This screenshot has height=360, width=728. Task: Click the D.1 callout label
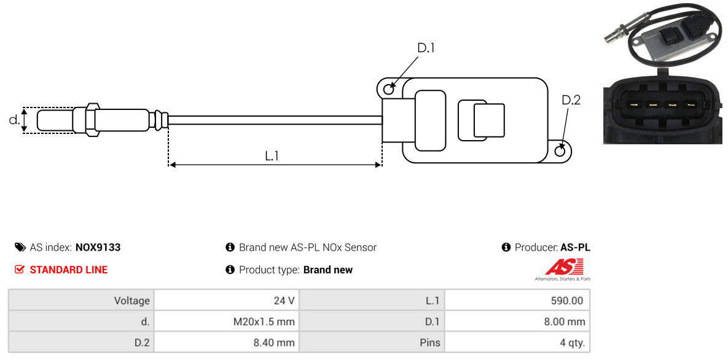point(425,48)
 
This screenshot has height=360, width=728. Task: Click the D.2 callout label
point(571,100)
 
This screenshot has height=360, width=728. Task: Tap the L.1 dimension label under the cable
point(272,156)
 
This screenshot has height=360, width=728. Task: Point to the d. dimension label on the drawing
point(14,120)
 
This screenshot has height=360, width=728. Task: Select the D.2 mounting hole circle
point(561,150)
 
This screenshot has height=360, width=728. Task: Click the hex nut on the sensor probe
point(92,120)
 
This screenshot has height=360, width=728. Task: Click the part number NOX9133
point(98,248)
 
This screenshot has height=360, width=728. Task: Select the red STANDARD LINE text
point(69,270)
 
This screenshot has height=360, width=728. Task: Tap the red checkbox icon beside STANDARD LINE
point(19,270)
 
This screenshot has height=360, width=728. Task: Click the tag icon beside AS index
point(20,248)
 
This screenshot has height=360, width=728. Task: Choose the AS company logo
point(563,270)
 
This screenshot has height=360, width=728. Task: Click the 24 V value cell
point(227,300)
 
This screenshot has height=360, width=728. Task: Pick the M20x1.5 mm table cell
point(227,321)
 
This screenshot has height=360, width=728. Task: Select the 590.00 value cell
point(517,300)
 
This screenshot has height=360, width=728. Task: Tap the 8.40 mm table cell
point(227,343)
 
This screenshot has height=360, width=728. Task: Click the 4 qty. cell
point(517,343)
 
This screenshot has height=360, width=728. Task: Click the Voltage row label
point(132,301)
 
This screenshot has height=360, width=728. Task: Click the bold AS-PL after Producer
point(575,248)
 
